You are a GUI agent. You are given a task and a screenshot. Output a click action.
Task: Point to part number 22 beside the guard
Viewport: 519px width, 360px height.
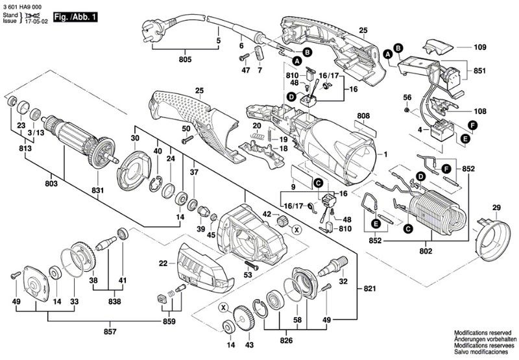click(x=163, y=263)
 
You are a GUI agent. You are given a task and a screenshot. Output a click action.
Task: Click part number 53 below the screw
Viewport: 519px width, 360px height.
click(x=247, y=275)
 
